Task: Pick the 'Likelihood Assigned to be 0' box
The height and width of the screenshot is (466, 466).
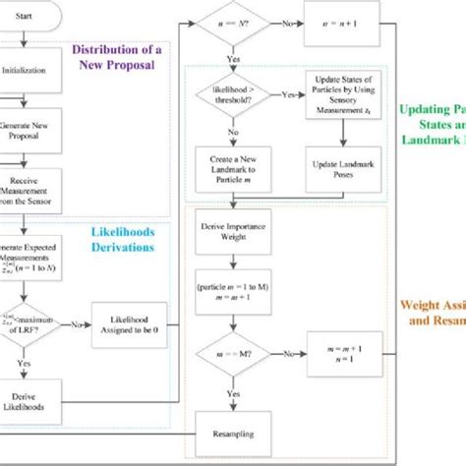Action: click(x=129, y=323)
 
